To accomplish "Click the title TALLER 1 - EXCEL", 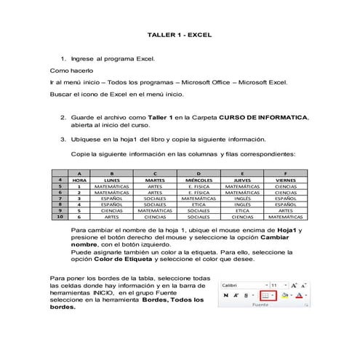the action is click(179, 34).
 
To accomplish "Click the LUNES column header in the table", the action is click(112, 179).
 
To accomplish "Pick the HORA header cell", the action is click(79, 179).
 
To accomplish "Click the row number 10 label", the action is click(59, 216).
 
